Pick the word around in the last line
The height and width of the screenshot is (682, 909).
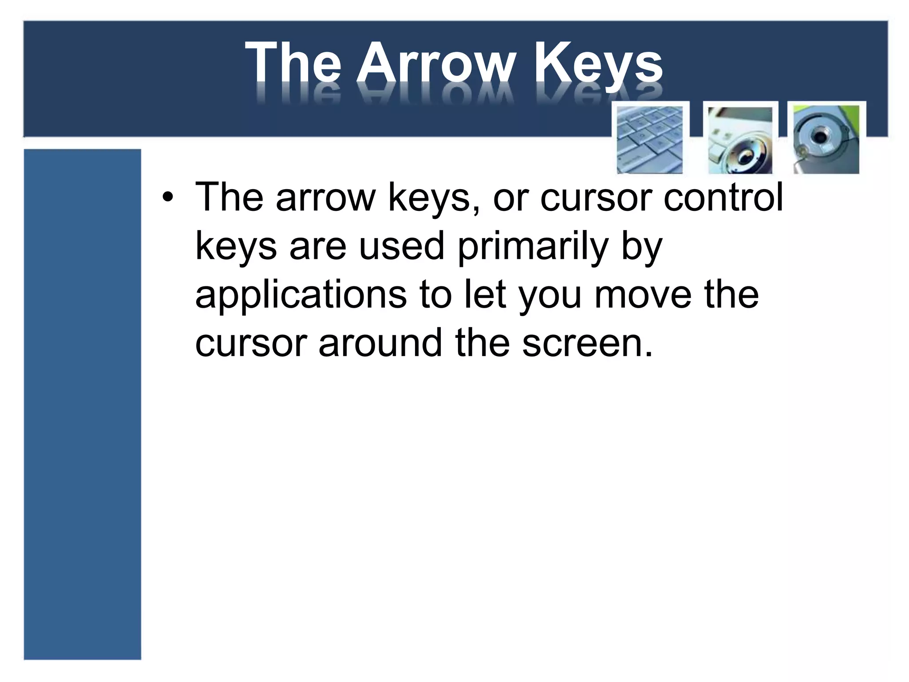point(381,343)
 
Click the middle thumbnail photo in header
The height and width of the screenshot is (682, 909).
point(740,139)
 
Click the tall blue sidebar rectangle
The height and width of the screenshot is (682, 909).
point(82,404)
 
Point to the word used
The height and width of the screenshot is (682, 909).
point(401,246)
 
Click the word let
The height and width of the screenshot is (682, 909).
point(485,295)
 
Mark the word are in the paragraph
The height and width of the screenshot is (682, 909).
point(317,247)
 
